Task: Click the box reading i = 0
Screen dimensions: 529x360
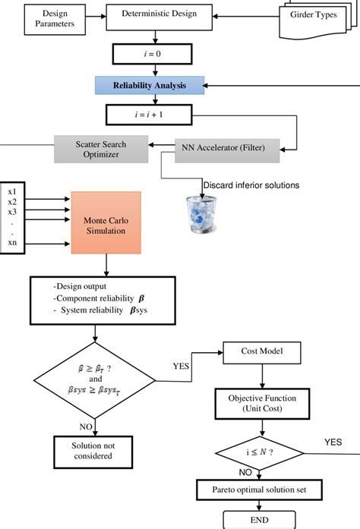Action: (156, 54)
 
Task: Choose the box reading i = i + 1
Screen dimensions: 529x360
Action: (156, 115)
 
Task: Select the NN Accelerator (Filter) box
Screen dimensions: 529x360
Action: (228, 147)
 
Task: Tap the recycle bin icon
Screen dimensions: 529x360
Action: (201, 214)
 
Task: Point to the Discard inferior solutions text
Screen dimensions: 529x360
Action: (250, 185)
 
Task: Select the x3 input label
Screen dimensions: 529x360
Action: (11, 212)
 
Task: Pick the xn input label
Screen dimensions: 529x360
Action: (11, 242)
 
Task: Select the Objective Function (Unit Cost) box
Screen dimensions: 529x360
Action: (261, 403)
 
